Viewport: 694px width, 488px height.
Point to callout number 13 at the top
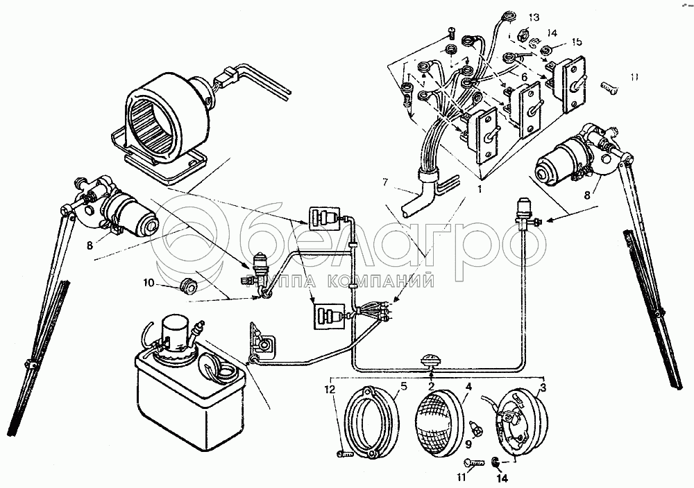tap(533, 17)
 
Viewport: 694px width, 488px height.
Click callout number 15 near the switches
tap(577, 43)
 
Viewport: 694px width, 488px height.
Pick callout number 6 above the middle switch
tap(525, 77)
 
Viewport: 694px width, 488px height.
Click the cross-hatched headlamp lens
tap(439, 420)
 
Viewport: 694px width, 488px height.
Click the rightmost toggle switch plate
tap(576, 85)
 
